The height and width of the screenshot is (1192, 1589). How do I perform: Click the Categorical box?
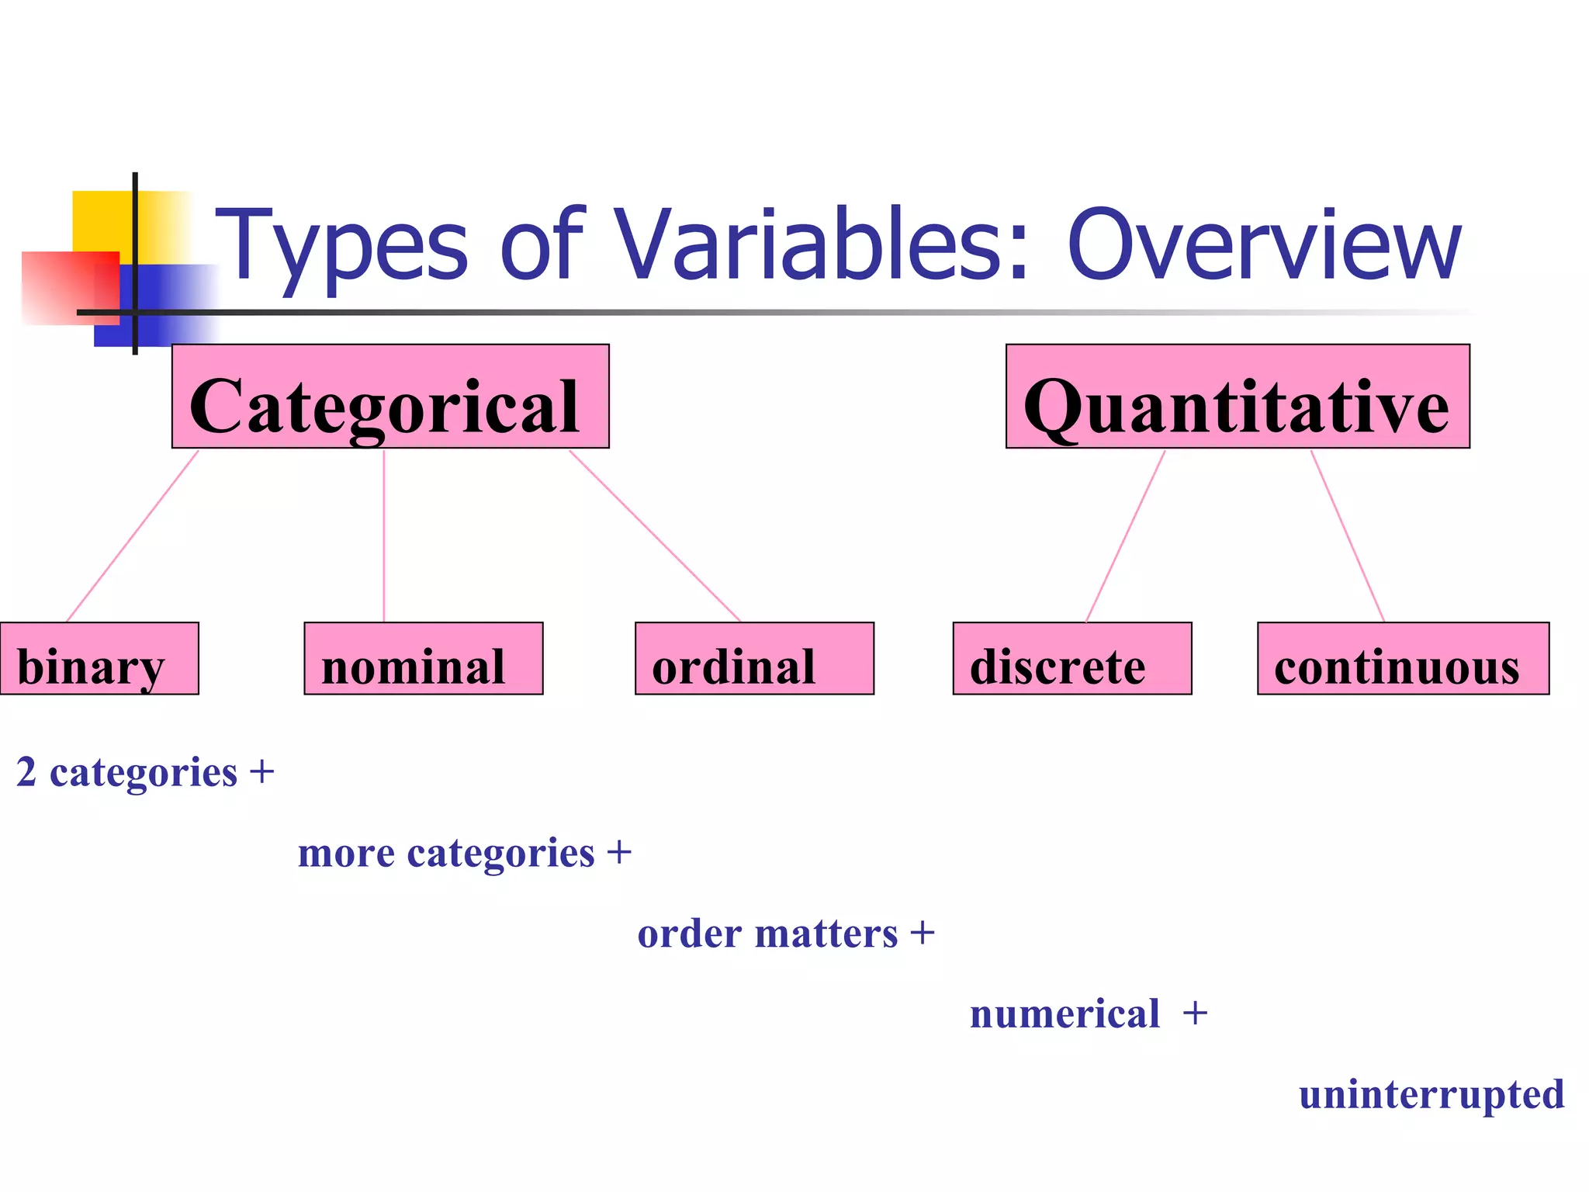point(390,397)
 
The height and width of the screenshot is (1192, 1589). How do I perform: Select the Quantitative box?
point(1238,397)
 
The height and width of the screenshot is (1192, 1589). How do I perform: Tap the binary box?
point(99,659)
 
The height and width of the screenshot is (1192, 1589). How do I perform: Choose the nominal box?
point(424,659)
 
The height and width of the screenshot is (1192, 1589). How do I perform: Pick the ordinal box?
point(754,659)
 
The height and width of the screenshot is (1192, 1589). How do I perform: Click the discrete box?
point(1072,659)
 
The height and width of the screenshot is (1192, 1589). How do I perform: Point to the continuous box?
point(1403,659)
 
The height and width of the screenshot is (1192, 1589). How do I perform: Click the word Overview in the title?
point(1265,247)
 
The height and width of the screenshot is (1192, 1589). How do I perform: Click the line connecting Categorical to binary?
point(133,535)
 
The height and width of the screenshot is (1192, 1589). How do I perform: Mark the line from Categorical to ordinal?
point(656,535)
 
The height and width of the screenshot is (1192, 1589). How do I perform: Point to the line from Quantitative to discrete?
point(1126,535)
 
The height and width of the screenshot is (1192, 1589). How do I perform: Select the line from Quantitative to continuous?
point(1348,535)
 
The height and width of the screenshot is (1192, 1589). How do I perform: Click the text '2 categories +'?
point(145,773)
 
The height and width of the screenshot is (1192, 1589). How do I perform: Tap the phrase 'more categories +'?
point(465,854)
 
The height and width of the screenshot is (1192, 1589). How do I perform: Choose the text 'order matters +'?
point(786,934)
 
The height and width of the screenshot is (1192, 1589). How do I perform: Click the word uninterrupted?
point(1431,1095)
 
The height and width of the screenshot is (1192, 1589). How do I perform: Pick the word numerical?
point(1065,1014)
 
